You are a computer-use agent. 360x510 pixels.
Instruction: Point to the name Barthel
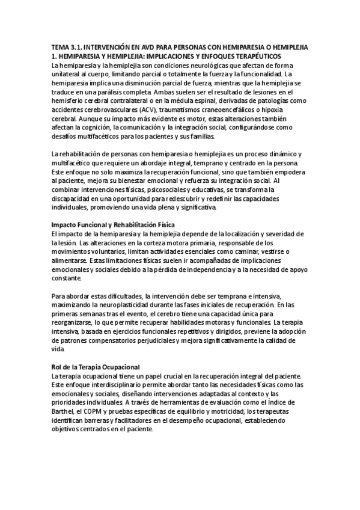64,411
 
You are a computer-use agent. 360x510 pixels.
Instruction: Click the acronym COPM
97,411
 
